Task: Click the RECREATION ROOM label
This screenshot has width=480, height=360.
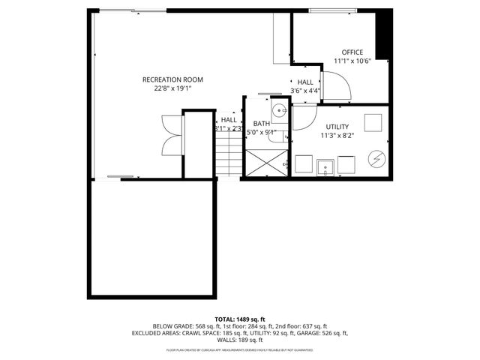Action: coord(172,79)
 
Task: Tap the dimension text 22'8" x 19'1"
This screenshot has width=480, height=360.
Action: coord(172,88)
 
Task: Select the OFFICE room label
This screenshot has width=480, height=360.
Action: coord(352,52)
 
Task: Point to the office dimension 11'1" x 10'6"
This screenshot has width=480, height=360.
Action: coord(352,61)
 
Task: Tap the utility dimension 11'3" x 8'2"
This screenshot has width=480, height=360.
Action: coord(337,136)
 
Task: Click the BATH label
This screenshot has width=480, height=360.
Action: coord(261,124)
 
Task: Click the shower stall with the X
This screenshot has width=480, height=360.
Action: coord(265,161)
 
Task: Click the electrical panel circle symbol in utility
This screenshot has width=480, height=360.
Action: coord(376,160)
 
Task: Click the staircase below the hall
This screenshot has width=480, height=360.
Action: coord(227,158)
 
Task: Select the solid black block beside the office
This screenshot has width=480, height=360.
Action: coord(382,34)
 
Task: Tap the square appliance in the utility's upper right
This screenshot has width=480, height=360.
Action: coord(373,121)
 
